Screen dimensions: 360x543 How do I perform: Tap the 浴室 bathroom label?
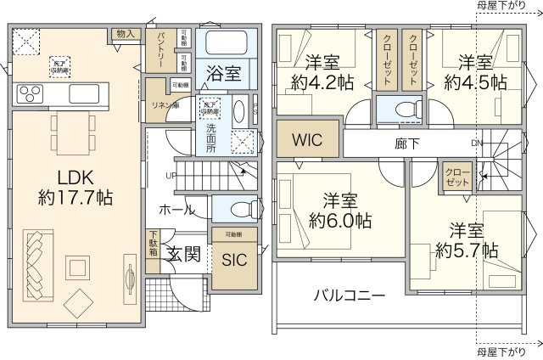point(222,74)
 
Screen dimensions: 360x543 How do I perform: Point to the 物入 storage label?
point(126,34)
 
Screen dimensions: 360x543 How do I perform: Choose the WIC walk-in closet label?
point(306,140)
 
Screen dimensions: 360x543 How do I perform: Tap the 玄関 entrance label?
point(182,254)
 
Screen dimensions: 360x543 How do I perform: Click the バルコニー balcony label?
point(350,295)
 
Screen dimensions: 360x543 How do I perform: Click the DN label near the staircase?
point(476,143)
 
